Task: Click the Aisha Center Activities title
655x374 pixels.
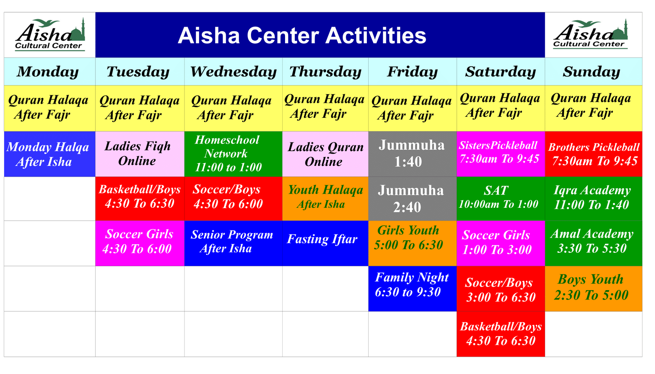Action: click(x=302, y=36)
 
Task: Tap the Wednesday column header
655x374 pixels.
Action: click(x=233, y=72)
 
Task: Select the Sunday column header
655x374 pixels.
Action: click(x=592, y=72)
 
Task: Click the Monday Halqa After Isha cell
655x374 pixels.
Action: click(x=49, y=154)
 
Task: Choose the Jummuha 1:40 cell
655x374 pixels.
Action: click(x=412, y=154)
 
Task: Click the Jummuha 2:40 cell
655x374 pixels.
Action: click(x=412, y=199)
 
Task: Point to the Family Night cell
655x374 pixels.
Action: click(x=412, y=288)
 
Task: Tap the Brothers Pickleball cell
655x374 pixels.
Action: click(x=593, y=154)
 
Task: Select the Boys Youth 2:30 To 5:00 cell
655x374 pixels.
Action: click(x=593, y=288)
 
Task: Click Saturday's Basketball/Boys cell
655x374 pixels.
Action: click(x=500, y=333)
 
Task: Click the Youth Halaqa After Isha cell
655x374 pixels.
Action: click(x=325, y=198)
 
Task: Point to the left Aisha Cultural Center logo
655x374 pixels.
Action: click(x=50, y=35)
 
